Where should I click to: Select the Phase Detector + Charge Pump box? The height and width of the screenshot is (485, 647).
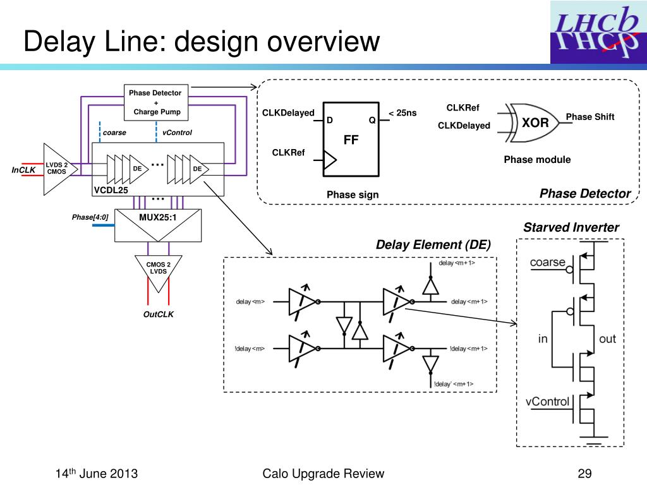tap(155, 102)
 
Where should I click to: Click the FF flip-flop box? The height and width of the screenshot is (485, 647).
tap(351, 139)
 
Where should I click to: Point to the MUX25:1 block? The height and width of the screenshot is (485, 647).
tap(157, 225)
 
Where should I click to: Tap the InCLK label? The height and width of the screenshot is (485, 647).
tap(24, 169)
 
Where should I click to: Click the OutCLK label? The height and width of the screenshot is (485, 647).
tap(158, 314)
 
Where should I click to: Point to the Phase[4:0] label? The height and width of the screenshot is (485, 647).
tap(90, 218)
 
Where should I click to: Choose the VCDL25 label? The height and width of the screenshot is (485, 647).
tap(111, 190)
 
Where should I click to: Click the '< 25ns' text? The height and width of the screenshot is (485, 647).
tap(402, 113)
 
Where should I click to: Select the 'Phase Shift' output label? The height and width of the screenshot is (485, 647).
tap(590, 117)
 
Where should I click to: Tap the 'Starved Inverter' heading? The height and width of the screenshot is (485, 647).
tap(571, 227)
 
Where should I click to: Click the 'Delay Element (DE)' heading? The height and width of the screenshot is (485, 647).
tap(433, 245)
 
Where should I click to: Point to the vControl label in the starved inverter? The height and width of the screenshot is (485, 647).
tap(547, 401)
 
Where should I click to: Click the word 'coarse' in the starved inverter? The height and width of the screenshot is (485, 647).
tap(547, 262)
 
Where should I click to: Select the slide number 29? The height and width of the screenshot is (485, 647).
tap(584, 474)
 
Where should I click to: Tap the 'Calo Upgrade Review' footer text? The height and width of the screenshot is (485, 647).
tap(323, 474)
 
